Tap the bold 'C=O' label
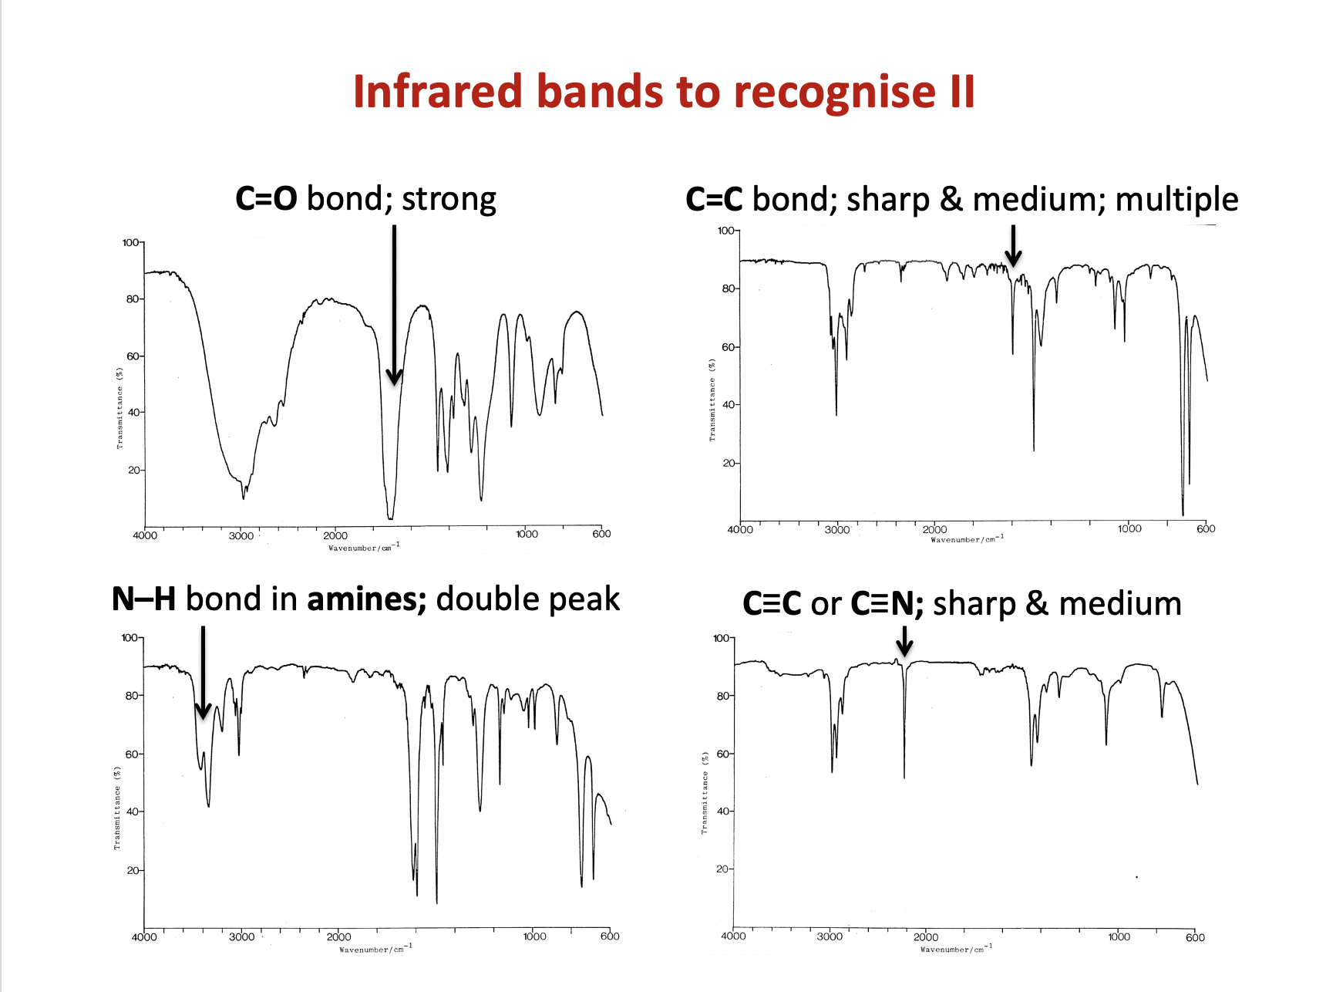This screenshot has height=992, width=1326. pyautogui.click(x=266, y=199)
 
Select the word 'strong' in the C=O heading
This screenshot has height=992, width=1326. pyautogui.click(x=449, y=199)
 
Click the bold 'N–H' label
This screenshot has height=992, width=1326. pyautogui.click(x=143, y=599)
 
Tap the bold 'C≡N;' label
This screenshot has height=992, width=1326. pyautogui.click(x=887, y=604)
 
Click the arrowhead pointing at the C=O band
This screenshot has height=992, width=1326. pyautogui.click(x=394, y=376)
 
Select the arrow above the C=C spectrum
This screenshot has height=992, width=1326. pyautogui.click(x=1013, y=247)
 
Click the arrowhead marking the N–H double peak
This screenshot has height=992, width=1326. pyautogui.click(x=203, y=710)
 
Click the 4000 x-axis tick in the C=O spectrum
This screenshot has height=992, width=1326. pyautogui.click(x=145, y=535)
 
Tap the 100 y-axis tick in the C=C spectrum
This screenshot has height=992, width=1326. pyautogui.click(x=726, y=231)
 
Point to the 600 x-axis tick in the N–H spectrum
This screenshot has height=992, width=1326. pyautogui.click(x=610, y=936)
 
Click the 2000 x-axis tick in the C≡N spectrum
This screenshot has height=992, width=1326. pyautogui.click(x=926, y=937)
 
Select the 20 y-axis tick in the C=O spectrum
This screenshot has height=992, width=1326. pyautogui.click(x=134, y=470)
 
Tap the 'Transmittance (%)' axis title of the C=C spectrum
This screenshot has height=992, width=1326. pyautogui.click(x=712, y=400)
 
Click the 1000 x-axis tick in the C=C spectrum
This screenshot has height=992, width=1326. pyautogui.click(x=1129, y=528)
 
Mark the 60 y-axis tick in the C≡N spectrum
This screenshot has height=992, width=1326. pyautogui.click(x=723, y=754)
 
